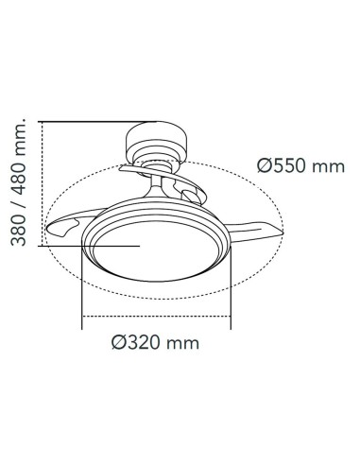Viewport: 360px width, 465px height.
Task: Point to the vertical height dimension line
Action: (42, 184)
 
